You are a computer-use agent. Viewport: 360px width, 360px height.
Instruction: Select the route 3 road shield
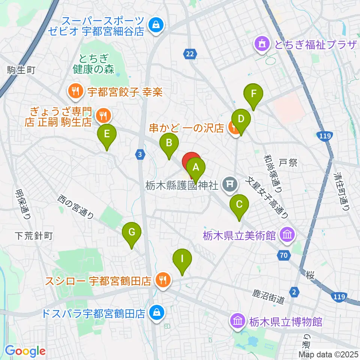140,154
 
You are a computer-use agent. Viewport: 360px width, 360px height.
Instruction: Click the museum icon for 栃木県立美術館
288,235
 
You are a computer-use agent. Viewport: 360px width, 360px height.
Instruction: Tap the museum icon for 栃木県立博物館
237,321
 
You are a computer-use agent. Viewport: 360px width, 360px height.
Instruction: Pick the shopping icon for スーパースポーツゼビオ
154,25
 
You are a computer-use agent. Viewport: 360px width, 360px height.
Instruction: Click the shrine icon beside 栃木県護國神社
228,184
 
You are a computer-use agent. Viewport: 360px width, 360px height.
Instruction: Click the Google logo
25,351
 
